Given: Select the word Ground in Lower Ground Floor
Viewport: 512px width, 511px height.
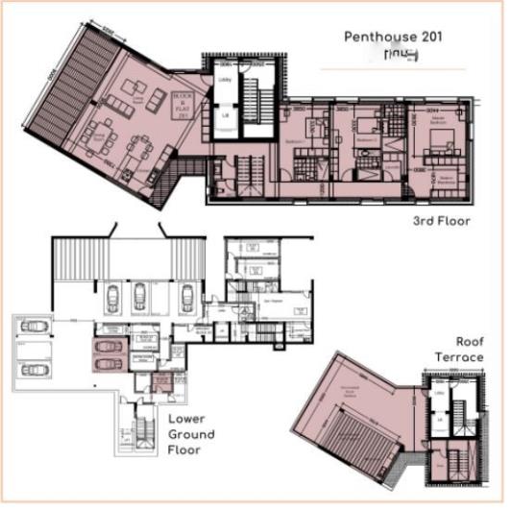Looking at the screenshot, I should (191, 434).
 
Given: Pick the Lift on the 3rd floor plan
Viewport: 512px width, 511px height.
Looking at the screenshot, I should (224, 117).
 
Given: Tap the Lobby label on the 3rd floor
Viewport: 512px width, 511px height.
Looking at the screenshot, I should (224, 80).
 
